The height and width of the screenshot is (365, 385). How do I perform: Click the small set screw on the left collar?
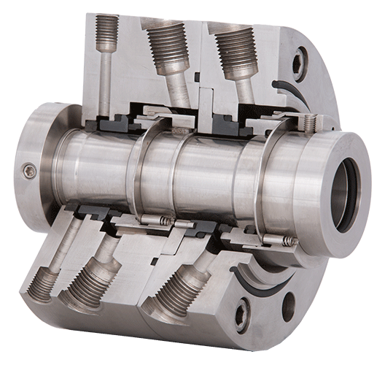[29, 170]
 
